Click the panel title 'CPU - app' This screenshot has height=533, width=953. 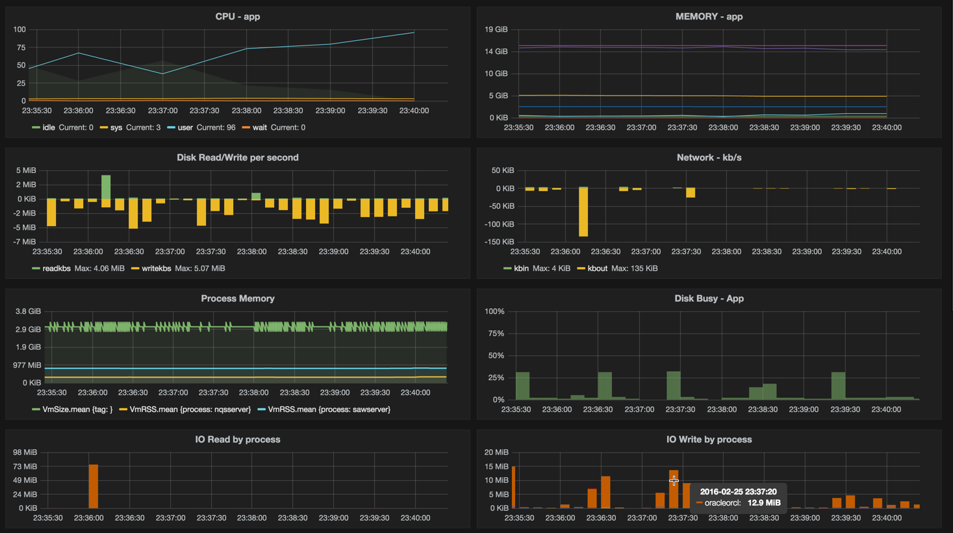(237, 16)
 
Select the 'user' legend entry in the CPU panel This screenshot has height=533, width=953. (185, 127)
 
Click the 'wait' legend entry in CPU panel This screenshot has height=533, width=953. (259, 127)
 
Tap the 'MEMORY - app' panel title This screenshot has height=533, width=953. (709, 16)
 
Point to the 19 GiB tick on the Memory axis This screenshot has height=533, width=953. (496, 29)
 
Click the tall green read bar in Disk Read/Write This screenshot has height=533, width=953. (106, 187)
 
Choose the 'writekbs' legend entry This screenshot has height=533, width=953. (156, 268)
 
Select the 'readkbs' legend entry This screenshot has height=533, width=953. (56, 268)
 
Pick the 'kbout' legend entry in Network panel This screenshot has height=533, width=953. (597, 268)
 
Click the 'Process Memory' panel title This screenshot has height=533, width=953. (237, 298)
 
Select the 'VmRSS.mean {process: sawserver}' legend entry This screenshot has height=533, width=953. (329, 409)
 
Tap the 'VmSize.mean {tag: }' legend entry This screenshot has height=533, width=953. (77, 409)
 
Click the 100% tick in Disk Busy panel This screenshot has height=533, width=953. (494, 311)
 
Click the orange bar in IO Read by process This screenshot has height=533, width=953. (93, 486)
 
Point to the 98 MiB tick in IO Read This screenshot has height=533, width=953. (25, 452)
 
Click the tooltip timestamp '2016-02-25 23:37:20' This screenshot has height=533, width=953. (738, 491)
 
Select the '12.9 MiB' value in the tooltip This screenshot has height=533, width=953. (764, 502)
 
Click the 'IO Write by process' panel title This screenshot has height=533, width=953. (709, 439)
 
